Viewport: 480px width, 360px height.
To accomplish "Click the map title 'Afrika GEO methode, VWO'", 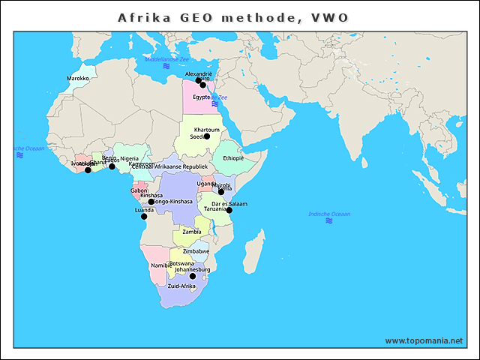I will [233, 17].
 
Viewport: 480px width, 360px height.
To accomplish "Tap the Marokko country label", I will [78, 78].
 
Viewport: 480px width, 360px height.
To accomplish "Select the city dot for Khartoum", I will [207, 136].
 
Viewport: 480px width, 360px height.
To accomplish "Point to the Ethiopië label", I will [233, 158].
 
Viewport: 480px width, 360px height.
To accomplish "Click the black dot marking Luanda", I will [144, 217].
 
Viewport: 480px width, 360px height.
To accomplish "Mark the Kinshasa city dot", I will [151, 202].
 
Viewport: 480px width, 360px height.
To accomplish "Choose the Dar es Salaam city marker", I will [229, 211].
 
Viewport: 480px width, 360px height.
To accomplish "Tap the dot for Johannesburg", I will [193, 276].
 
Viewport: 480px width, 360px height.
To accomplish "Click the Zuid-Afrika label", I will [181, 286].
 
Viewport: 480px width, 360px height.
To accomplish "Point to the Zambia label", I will [192, 232].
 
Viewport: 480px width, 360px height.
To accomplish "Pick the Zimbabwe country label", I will [196, 251].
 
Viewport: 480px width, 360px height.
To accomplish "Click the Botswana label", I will [181, 263].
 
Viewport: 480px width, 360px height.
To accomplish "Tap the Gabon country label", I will [139, 190].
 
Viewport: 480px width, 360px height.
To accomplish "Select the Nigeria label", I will [130, 159].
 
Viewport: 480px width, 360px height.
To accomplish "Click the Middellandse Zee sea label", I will [167, 58].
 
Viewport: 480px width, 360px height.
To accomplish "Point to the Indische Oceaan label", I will [329, 214].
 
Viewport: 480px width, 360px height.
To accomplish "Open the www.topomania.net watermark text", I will [424, 340].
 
